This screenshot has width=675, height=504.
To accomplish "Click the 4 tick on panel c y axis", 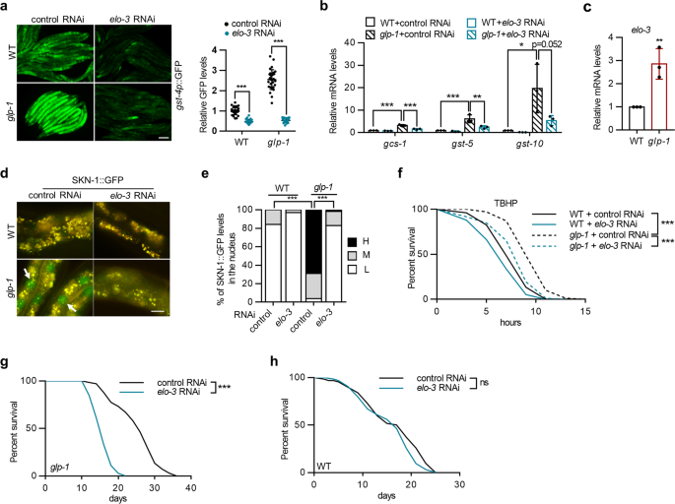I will pos(605,36).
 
